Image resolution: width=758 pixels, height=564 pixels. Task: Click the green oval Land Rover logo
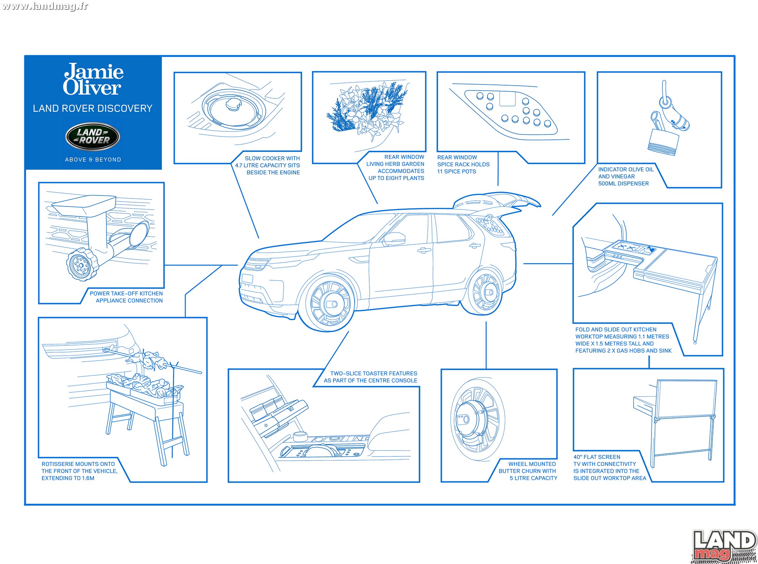(x=93, y=136)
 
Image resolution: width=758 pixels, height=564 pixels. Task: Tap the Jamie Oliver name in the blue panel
(x=93, y=79)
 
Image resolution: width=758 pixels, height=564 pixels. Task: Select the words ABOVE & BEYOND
(x=93, y=159)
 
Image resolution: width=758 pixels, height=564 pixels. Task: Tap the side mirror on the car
(x=394, y=239)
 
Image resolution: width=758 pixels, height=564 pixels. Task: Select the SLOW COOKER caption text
(x=267, y=165)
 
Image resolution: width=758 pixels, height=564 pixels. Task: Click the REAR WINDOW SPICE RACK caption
(x=463, y=164)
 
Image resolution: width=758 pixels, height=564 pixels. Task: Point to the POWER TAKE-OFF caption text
(x=126, y=297)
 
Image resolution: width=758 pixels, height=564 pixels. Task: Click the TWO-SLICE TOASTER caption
(x=370, y=377)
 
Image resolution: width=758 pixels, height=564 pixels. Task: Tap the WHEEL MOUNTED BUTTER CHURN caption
(x=528, y=471)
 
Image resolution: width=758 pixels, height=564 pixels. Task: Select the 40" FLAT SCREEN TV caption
(x=609, y=467)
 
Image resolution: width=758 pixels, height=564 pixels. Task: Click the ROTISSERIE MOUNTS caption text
(x=79, y=471)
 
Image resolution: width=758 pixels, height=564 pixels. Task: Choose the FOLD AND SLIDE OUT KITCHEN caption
(x=623, y=340)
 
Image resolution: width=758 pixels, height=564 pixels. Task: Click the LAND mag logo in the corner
(x=724, y=546)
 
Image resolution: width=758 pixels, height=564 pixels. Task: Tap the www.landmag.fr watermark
(x=45, y=6)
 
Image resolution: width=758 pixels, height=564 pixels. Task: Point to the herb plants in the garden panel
(x=367, y=109)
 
